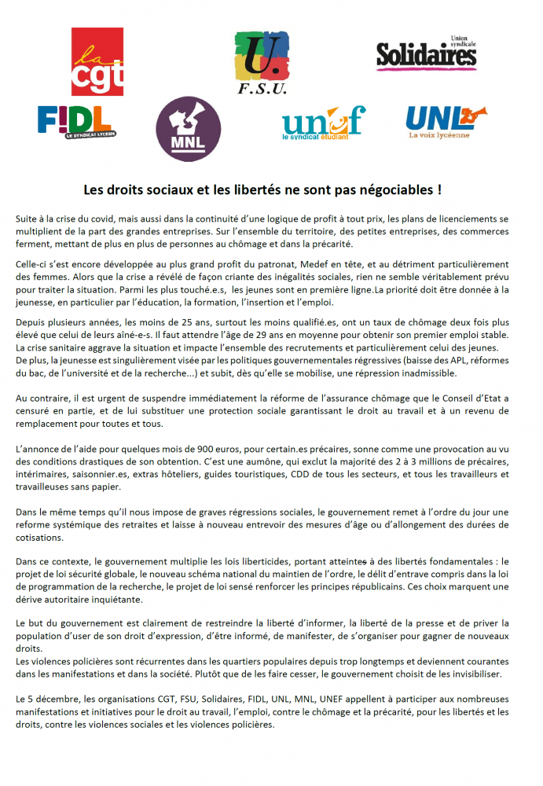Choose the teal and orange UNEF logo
[x=323, y=123]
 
